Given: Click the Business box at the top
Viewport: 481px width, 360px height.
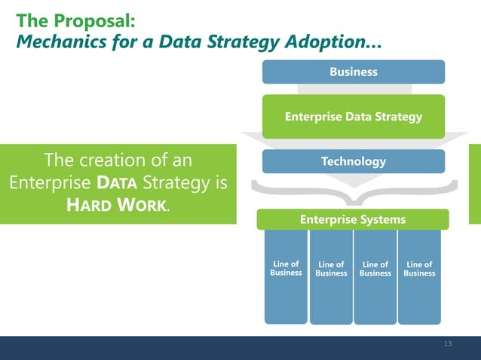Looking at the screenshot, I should coord(353,72).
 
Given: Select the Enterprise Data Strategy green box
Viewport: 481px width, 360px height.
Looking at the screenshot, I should coord(353,117).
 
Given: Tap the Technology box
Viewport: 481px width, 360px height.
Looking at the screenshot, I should coord(353,161).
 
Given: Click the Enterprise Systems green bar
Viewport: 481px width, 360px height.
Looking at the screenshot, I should coord(353,219).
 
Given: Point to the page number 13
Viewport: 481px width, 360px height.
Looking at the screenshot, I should coord(448,344).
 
